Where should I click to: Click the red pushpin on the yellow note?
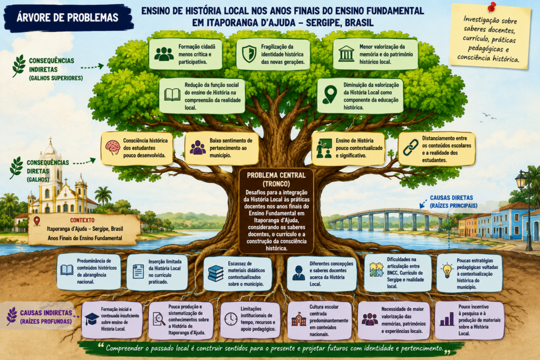[491, 6]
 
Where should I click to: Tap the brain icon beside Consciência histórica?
[113, 148]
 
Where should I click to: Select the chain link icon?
[410, 147]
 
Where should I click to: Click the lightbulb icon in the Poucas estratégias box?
[447, 270]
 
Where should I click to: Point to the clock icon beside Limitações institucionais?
[231, 319]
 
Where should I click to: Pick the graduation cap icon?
[92, 319]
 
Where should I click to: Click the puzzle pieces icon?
[377, 269]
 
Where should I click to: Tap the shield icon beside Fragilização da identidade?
[249, 54]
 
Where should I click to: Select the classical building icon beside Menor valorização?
[346, 54]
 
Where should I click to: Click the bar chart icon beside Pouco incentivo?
[447, 319]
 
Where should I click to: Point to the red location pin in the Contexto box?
[37, 221]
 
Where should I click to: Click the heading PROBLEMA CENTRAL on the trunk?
[276, 175]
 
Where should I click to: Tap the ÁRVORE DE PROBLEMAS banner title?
[67, 17]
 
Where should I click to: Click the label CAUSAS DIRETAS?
[451, 198]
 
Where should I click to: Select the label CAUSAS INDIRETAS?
[46, 313]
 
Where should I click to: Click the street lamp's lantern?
[520, 180]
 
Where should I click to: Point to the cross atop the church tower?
[51, 140]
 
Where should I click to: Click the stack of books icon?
[216, 274]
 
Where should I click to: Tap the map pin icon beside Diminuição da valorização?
[330, 95]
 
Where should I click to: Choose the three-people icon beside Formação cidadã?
[164, 54]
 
